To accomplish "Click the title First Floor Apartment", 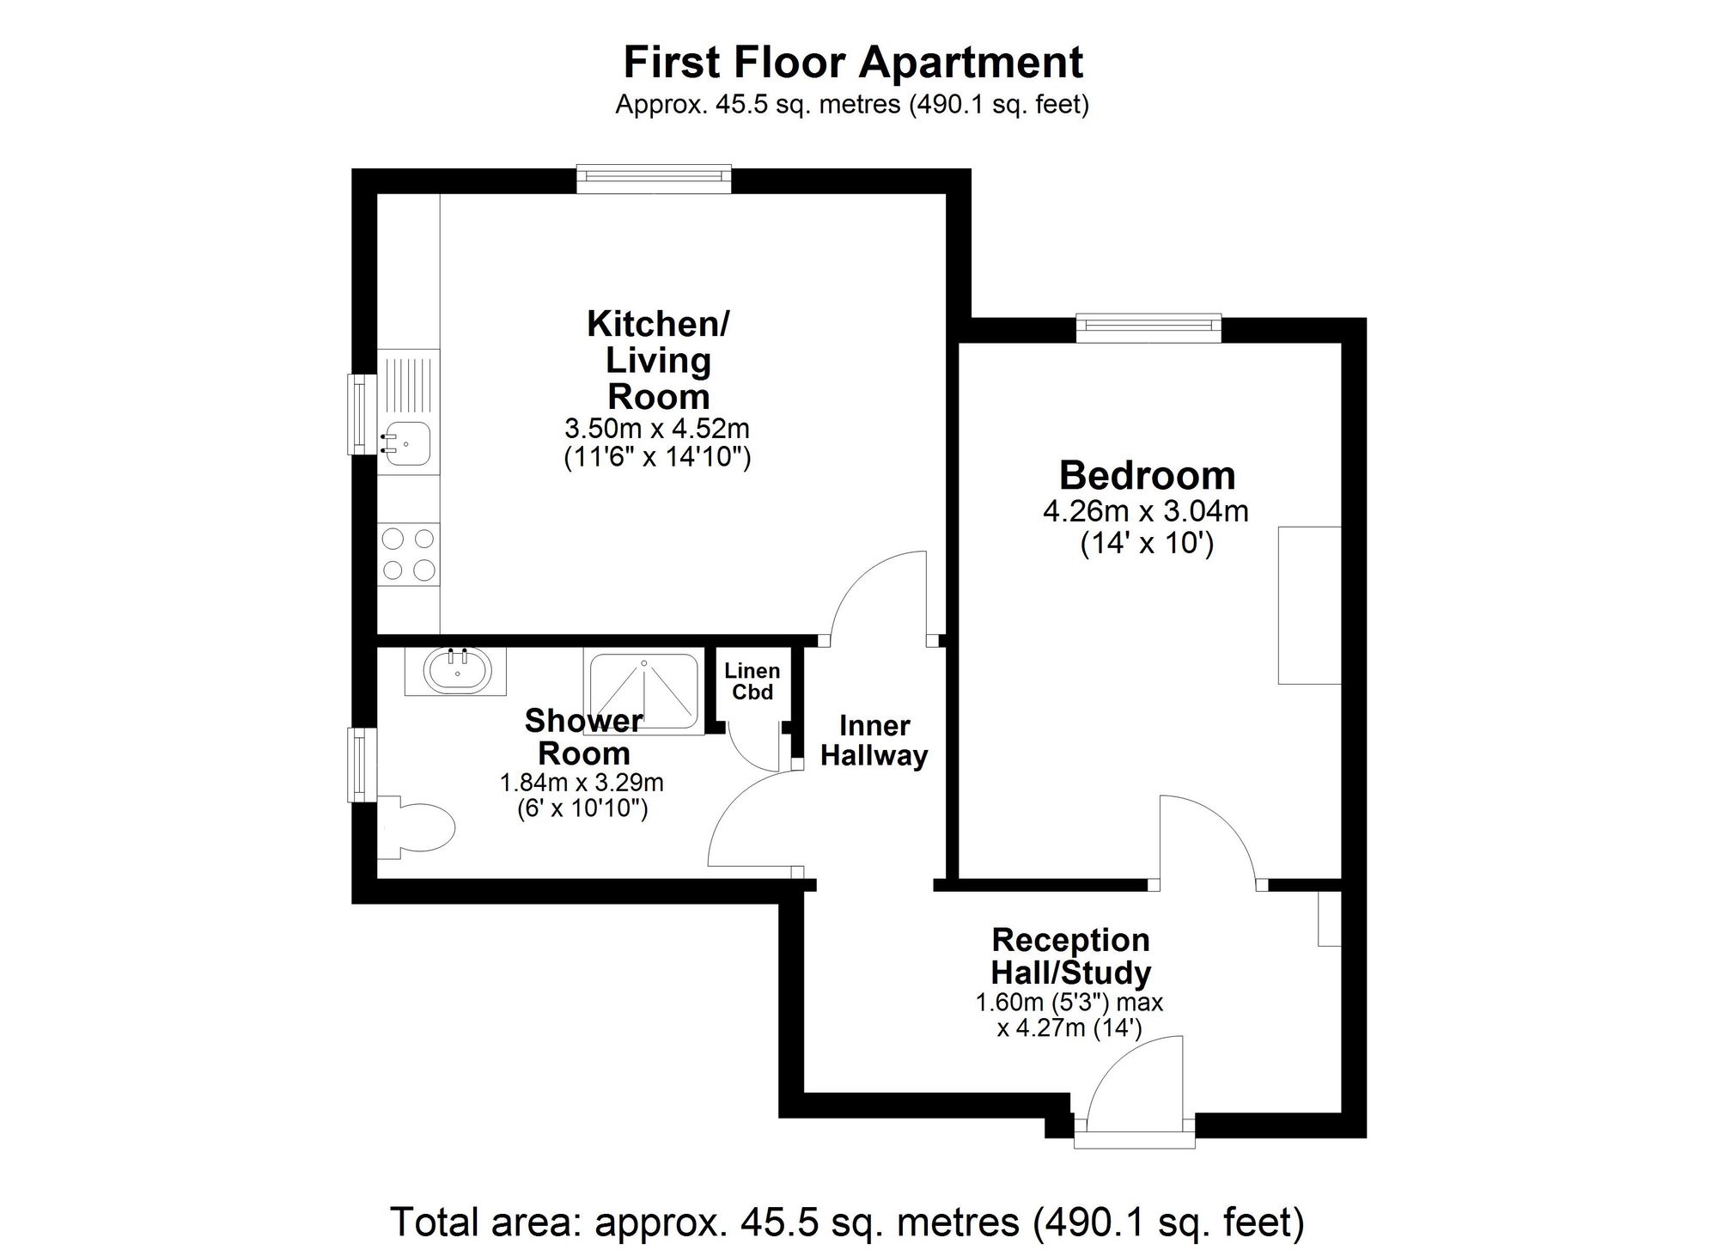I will click(x=852, y=63).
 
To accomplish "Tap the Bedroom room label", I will click(x=1147, y=475).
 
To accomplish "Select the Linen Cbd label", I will click(x=752, y=681).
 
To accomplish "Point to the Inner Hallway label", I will click(x=874, y=741).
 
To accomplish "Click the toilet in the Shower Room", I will click(x=421, y=828).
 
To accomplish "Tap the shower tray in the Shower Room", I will click(x=642, y=692).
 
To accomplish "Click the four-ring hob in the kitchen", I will click(x=408, y=554).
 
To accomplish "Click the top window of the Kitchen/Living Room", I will click(x=654, y=176).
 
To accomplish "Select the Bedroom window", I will click(x=1148, y=326).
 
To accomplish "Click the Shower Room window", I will click(x=361, y=765).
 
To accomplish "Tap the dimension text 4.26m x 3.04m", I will click(x=1145, y=512).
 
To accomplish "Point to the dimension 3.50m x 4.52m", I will click(x=657, y=428).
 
